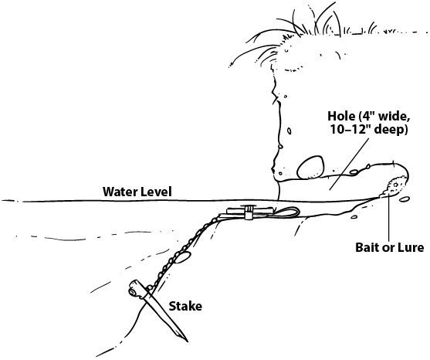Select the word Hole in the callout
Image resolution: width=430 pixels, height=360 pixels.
pyautogui.click(x=341, y=116)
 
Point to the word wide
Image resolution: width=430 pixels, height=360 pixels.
pyautogui.click(x=394, y=117)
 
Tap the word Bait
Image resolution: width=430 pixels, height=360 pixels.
pyautogui.click(x=367, y=247)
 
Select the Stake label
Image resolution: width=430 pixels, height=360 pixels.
pyautogui.click(x=185, y=306)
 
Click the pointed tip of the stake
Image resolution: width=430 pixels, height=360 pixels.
pyautogui.click(x=188, y=341)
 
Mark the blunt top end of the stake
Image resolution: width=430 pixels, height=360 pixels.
pyautogui.click(x=134, y=290)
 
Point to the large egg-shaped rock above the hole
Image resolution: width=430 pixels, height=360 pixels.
pyautogui.click(x=310, y=168)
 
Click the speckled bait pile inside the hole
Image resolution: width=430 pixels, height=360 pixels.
pyautogui.click(x=394, y=186)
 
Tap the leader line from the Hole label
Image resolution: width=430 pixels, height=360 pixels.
pyautogui.click(x=349, y=164)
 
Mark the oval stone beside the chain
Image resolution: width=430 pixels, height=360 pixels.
pyautogui.click(x=182, y=258)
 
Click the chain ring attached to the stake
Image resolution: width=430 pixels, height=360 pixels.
pyautogui.click(x=150, y=287)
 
